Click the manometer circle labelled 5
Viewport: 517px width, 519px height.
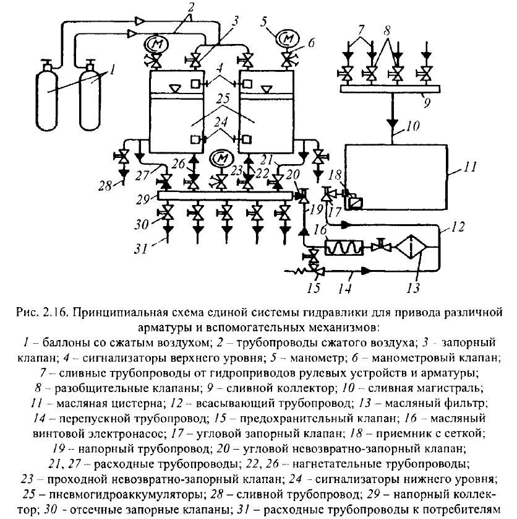(x=286, y=38)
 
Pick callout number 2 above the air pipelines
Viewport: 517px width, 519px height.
(x=174, y=7)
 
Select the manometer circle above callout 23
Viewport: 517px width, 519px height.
(x=221, y=158)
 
